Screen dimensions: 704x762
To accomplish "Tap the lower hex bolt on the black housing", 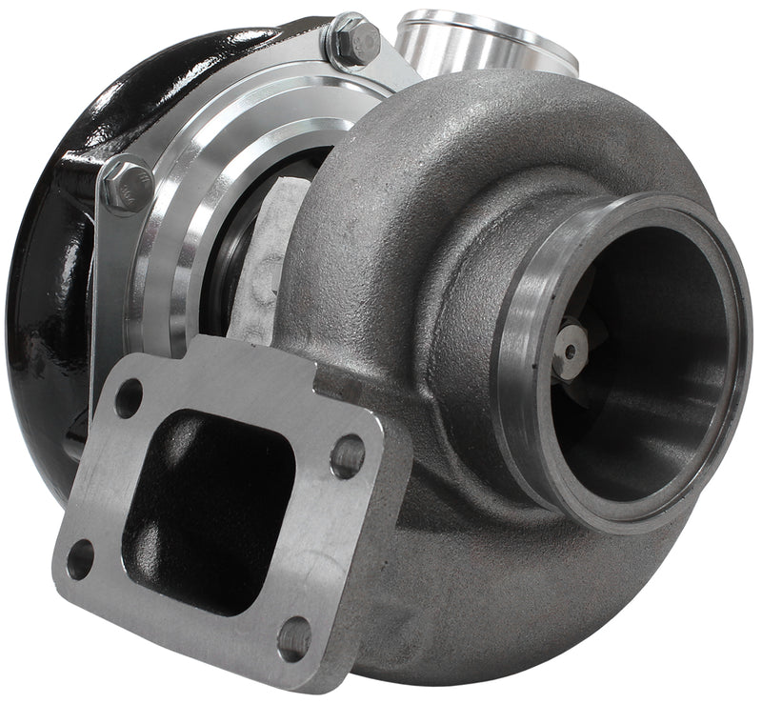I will (x=126, y=184).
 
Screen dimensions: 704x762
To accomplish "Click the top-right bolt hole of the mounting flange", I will (x=348, y=455).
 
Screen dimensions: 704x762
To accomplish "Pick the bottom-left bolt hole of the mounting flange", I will (x=81, y=558).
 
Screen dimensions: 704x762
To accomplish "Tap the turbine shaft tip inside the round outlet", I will (x=571, y=350).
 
